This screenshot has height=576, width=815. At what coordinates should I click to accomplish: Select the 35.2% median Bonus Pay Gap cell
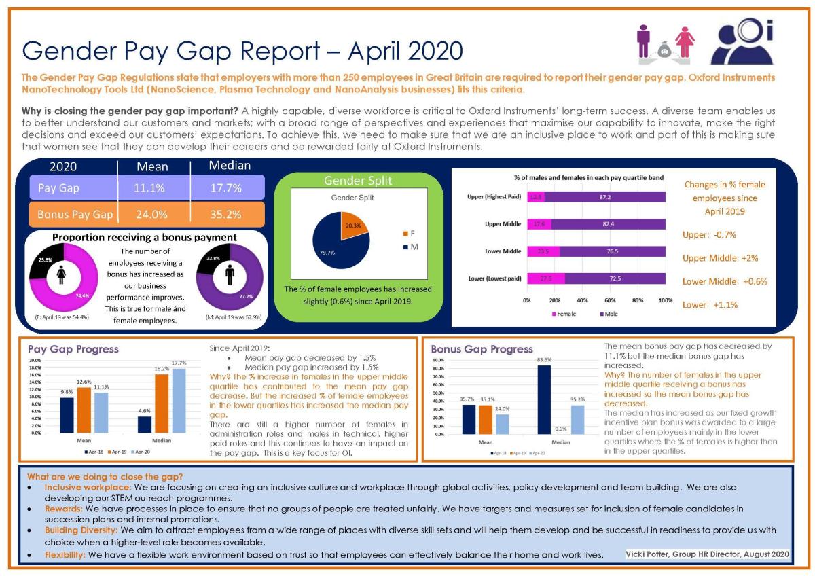[x=226, y=215]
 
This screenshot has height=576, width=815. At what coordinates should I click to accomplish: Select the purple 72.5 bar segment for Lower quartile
[x=615, y=278]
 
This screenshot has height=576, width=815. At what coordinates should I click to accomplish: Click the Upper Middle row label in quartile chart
[x=503, y=224]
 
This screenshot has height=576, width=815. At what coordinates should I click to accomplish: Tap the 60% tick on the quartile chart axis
[x=610, y=300]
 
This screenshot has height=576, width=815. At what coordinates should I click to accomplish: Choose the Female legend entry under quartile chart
[x=563, y=314]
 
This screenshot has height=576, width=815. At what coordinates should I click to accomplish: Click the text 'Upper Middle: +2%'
[x=720, y=258]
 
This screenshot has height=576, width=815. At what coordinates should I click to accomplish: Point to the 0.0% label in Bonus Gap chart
[x=560, y=429]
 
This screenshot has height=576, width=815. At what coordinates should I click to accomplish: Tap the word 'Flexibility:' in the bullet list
[x=65, y=555]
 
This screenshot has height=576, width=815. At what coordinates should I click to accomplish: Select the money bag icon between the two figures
[x=664, y=50]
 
